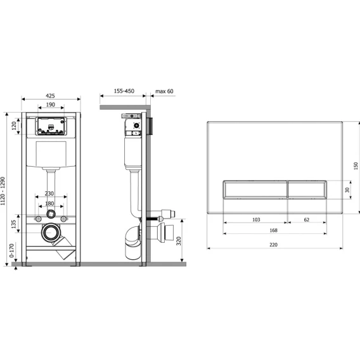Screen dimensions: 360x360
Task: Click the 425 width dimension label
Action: (50, 96)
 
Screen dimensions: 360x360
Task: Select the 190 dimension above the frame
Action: (51, 105)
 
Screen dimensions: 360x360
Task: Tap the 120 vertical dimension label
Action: (14, 126)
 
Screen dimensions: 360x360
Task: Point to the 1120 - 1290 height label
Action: (3, 191)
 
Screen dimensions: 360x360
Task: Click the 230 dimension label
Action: (49, 193)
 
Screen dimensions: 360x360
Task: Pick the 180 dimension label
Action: (49, 203)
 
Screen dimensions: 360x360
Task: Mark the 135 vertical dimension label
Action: (14, 224)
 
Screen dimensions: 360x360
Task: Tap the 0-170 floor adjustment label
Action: (11, 250)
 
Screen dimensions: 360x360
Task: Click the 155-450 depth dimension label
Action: (124, 91)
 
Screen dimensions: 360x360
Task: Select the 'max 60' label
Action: (164, 91)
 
